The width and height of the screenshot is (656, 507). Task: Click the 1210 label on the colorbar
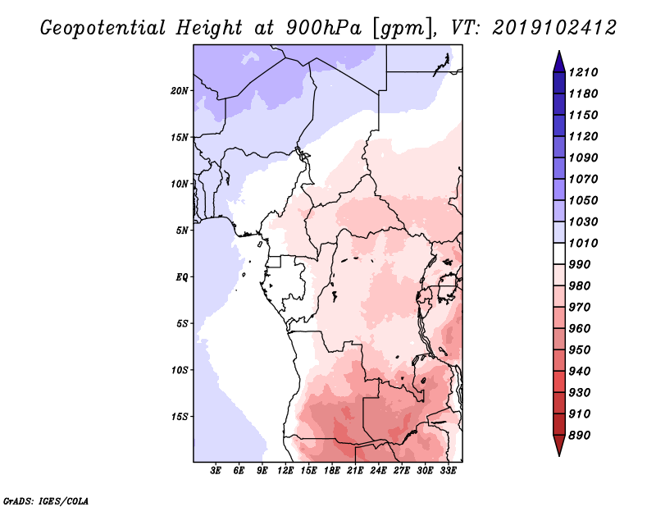tap(583, 72)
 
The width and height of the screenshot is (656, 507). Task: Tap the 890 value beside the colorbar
tap(580, 436)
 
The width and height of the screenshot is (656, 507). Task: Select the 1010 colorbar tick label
tap(583, 243)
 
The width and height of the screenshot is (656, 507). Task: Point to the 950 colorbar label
tap(580, 350)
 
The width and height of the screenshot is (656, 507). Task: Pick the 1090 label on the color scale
tap(583, 158)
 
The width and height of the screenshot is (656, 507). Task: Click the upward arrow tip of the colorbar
tap(559, 51)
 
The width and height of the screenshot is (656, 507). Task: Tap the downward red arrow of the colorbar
tap(559, 445)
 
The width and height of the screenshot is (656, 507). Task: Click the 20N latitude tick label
tap(180, 91)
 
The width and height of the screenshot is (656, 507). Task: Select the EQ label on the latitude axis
tap(182, 277)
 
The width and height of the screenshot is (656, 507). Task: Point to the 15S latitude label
tap(180, 417)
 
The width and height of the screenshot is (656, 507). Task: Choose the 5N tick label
tap(182, 231)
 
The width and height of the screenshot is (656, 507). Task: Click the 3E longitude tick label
tap(216, 471)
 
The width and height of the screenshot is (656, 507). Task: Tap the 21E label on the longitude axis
tap(355, 471)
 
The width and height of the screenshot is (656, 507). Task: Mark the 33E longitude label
tap(448, 471)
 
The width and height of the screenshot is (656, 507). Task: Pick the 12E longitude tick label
tap(285, 471)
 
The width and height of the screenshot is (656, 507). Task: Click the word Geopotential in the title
tap(103, 29)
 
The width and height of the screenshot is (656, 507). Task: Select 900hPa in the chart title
tap(324, 28)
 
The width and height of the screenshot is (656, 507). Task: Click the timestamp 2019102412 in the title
tap(554, 28)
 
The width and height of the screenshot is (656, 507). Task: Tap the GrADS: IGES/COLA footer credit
tap(46, 501)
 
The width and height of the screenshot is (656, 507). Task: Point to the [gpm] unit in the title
tap(402, 29)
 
